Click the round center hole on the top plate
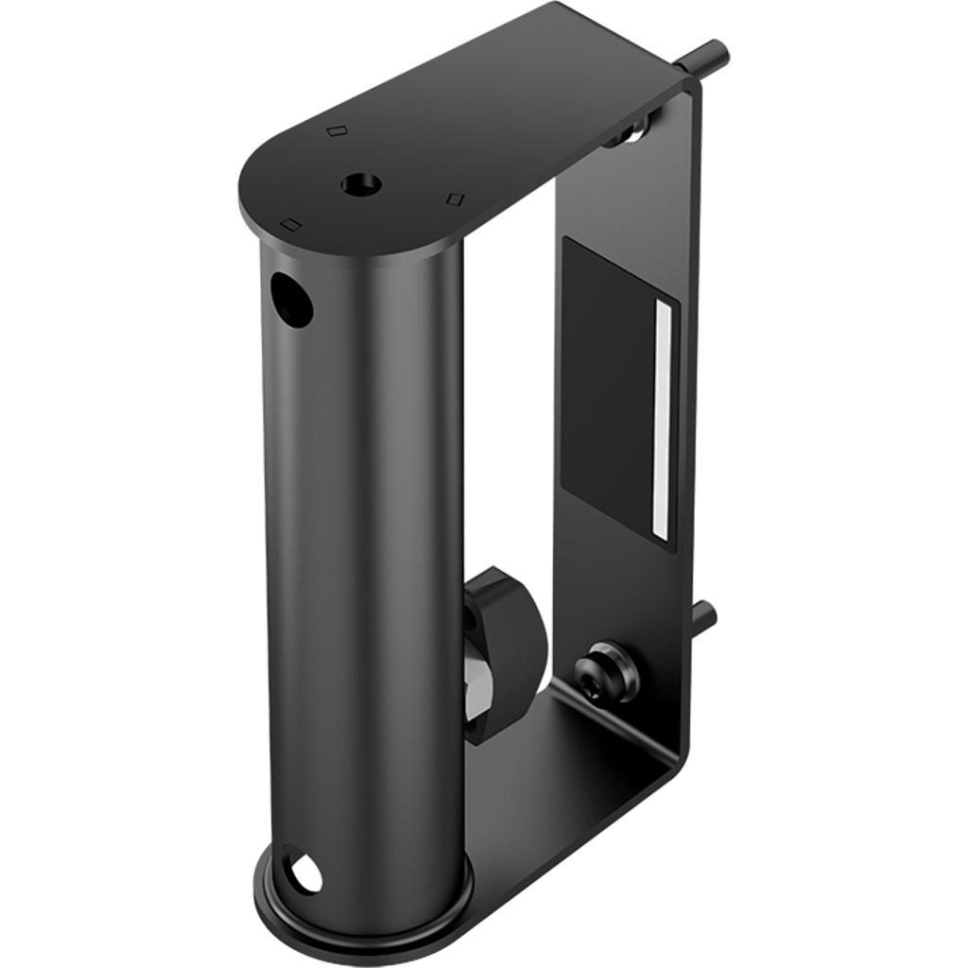359,181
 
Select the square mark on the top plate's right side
457,199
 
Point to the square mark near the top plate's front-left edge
291,223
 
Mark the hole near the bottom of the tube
303,873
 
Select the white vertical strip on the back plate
664,416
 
